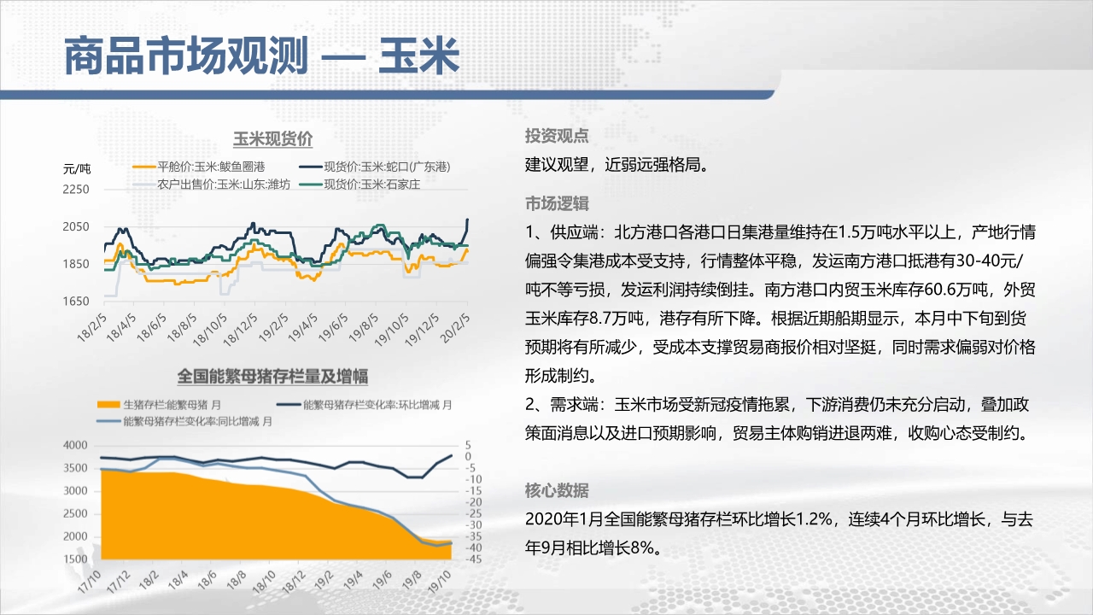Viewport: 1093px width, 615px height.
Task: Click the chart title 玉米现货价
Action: pyautogui.click(x=272, y=139)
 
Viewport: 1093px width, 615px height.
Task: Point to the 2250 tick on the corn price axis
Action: pyautogui.click(x=76, y=190)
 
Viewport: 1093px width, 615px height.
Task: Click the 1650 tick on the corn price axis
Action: pyautogui.click(x=76, y=302)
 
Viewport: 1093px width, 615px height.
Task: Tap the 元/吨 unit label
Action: pyautogui.click(x=77, y=169)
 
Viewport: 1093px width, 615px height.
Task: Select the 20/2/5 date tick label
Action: pyautogui.click(x=456, y=328)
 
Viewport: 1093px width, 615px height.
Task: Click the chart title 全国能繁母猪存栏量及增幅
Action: pyautogui.click(x=272, y=377)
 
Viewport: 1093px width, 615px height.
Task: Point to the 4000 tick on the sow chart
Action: pyautogui.click(x=75, y=445)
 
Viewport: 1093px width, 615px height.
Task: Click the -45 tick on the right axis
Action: pyautogui.click(x=473, y=559)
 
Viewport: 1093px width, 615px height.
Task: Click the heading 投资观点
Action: pyautogui.click(x=557, y=136)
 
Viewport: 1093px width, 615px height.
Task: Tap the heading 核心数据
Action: pyautogui.click(x=557, y=490)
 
